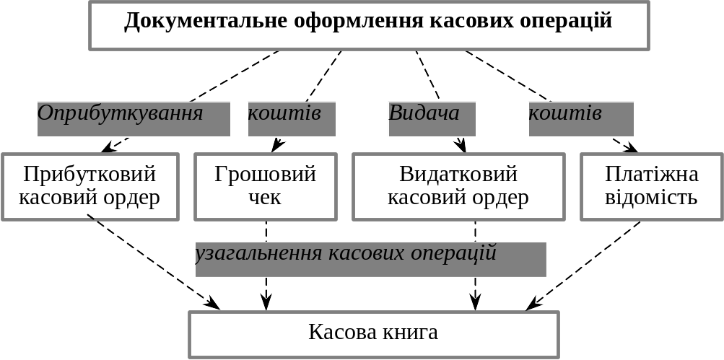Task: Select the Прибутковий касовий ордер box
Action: [90, 186]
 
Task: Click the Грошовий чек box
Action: [266, 186]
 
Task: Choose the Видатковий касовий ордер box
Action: [458, 186]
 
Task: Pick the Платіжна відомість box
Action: [652, 186]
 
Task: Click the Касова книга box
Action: [374, 335]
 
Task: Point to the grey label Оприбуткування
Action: [134, 119]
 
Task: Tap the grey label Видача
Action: [432, 119]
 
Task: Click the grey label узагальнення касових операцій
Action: [371, 260]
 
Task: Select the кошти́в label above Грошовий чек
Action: [292, 119]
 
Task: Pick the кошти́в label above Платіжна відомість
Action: [581, 119]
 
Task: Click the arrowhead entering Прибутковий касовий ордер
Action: [109, 147]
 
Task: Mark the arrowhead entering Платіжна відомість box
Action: [631, 146]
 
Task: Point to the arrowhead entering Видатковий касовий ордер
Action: [461, 145]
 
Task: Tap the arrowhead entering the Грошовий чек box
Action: [277, 145]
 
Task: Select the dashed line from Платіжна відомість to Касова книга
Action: [583, 265]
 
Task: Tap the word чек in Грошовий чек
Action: [265, 198]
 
